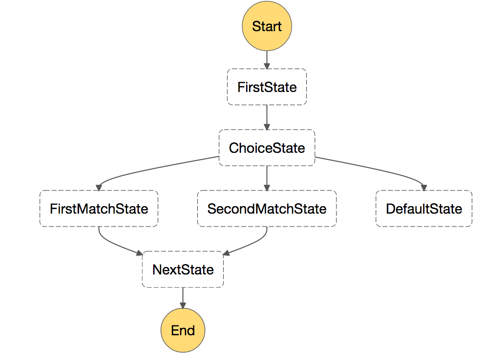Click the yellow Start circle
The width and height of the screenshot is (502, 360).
click(x=267, y=26)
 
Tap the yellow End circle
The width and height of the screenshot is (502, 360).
click(x=183, y=330)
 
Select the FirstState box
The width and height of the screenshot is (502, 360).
click(x=267, y=87)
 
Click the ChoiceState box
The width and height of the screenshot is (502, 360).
click(x=267, y=148)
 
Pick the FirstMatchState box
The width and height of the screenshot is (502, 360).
click(x=99, y=209)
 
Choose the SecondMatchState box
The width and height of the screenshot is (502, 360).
click(x=267, y=209)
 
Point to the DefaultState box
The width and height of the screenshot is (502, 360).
click(x=424, y=209)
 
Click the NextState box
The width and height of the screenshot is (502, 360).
click(x=183, y=270)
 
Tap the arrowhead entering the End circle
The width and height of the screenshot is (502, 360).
click(x=183, y=305)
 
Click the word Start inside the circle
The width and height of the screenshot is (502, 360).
click(x=267, y=26)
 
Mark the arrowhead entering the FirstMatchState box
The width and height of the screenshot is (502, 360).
click(x=99, y=187)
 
